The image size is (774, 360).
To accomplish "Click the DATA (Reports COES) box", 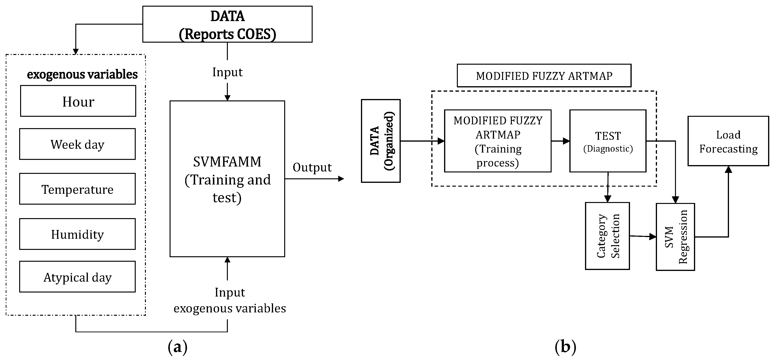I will (x=227, y=24).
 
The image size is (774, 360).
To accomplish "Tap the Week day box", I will (x=77, y=144).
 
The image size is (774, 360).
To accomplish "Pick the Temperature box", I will (x=77, y=189).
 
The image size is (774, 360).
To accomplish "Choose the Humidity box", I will (x=77, y=234).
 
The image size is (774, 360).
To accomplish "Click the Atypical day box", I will (x=77, y=277).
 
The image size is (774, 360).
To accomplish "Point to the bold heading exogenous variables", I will (x=82, y=74).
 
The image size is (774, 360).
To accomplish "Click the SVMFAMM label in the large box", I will (x=227, y=162).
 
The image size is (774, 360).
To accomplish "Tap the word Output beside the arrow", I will (x=312, y=167).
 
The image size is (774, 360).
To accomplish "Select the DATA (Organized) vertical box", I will (x=381, y=141).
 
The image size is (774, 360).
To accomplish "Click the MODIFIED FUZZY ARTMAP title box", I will (x=544, y=76).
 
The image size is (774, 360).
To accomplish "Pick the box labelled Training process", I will (x=498, y=141).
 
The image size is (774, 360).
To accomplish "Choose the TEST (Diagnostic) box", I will (x=607, y=141).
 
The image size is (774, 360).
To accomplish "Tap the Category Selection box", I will (x=607, y=236).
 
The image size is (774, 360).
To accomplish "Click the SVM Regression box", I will (x=675, y=237).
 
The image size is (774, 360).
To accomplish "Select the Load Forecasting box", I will (x=728, y=141).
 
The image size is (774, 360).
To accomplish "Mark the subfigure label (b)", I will (x=565, y=347).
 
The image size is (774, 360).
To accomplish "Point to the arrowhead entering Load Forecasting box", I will (x=728, y=170).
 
